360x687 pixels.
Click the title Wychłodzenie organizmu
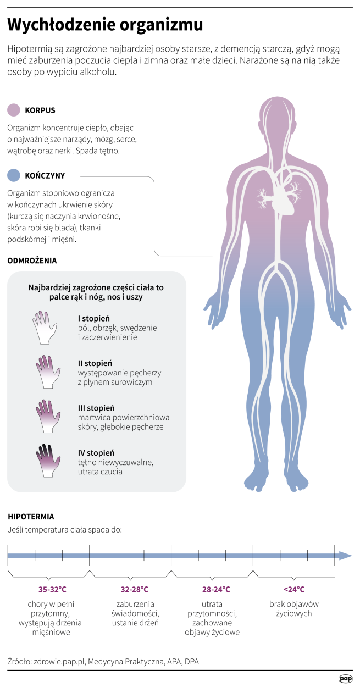pos(105,25)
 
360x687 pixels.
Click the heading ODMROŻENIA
pos(32,261)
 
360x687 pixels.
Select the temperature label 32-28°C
pos(134,589)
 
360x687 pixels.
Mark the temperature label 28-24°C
pos(215,589)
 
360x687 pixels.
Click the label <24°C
pos(293,589)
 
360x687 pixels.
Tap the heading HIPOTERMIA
pos(31,517)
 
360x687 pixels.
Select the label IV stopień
pos(96,453)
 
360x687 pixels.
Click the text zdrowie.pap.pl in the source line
pos(59,662)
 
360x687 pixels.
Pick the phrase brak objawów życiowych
pos(293,608)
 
